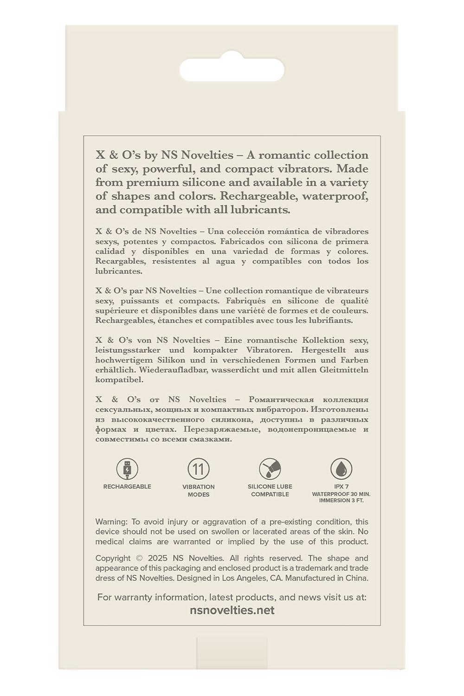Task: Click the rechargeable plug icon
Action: pyautogui.click(x=127, y=469)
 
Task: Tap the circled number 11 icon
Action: pyautogui.click(x=199, y=469)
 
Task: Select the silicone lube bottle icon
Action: pyautogui.click(x=270, y=469)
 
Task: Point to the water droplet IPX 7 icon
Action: pyautogui.click(x=341, y=469)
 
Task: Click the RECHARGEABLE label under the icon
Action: pyautogui.click(x=127, y=487)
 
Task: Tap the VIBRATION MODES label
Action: pyautogui.click(x=199, y=490)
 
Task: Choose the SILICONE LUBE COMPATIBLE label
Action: pyautogui.click(x=270, y=490)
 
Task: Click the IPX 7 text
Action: pyautogui.click(x=341, y=487)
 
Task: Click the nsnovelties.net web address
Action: pyautogui.click(x=232, y=610)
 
